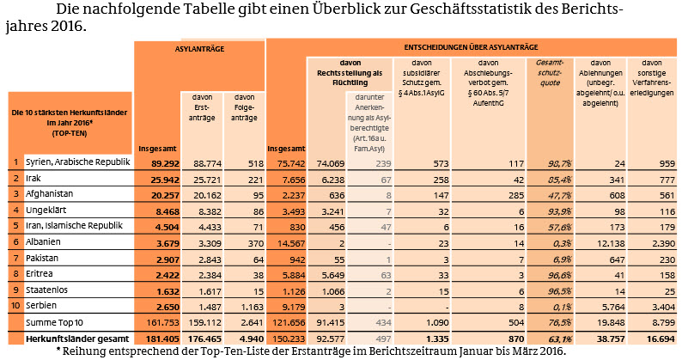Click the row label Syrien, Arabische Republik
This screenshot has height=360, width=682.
pyautogui.click(x=77, y=162)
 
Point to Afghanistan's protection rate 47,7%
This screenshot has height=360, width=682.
pyautogui.click(x=549, y=194)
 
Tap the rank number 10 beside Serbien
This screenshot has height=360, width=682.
pyautogui.click(x=15, y=307)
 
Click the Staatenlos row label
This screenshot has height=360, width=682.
pyautogui.click(x=48, y=290)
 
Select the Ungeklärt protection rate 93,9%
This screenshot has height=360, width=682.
pyautogui.click(x=549, y=211)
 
